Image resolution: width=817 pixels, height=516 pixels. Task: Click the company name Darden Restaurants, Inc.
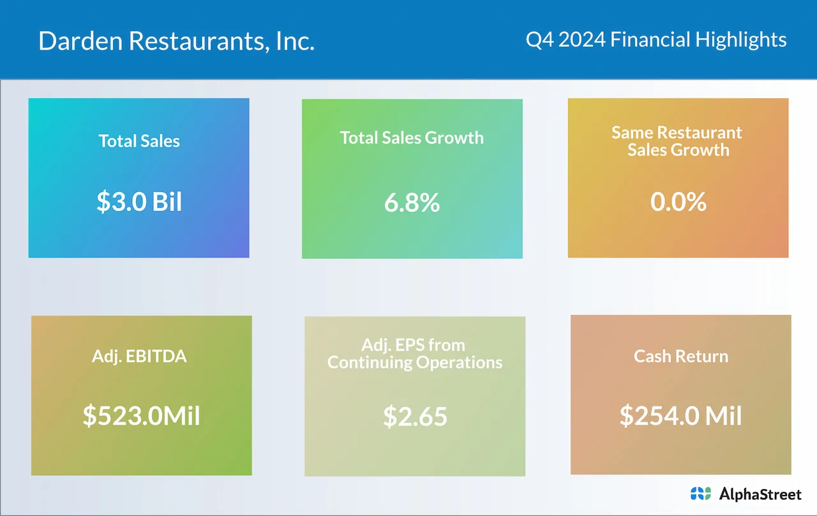coord(176,41)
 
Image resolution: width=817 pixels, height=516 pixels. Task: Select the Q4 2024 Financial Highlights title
coord(656,40)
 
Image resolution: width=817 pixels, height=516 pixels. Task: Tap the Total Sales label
coord(139,140)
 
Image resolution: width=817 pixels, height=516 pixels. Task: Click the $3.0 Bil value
coord(139,202)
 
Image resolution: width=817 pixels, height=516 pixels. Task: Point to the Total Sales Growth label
coord(412,138)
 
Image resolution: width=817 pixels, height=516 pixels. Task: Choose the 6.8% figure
coord(412,203)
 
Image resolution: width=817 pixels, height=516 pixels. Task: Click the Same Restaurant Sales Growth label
coord(677,141)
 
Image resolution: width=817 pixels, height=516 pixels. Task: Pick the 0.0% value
coord(678,202)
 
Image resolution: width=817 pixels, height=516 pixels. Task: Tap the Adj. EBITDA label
coord(139,356)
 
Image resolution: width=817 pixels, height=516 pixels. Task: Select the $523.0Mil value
coord(141,416)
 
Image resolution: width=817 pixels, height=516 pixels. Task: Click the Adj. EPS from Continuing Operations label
coord(415,353)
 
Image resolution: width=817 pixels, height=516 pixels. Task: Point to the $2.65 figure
coord(415,416)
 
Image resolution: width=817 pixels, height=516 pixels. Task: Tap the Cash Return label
coord(680,356)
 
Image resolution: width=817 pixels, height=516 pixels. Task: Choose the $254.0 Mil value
coord(680,416)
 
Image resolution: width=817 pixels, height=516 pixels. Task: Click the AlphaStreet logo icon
coord(700,493)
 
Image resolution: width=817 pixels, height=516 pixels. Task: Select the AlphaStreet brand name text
coord(760,493)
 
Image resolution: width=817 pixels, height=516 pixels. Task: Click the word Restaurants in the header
coord(200,41)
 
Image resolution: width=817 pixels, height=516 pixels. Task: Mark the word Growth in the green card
coord(455,138)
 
